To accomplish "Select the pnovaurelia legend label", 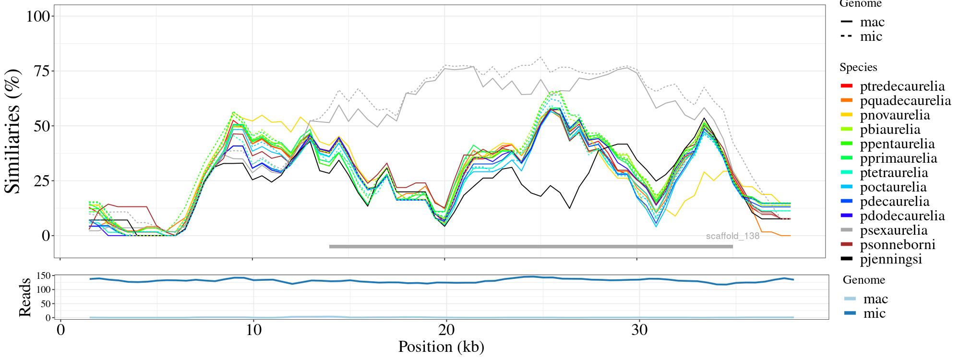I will click(x=895, y=115).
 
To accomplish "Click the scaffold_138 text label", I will click(x=732, y=236).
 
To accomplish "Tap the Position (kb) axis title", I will click(x=441, y=347).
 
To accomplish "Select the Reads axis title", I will click(x=24, y=298).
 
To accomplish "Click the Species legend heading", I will click(x=858, y=68).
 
